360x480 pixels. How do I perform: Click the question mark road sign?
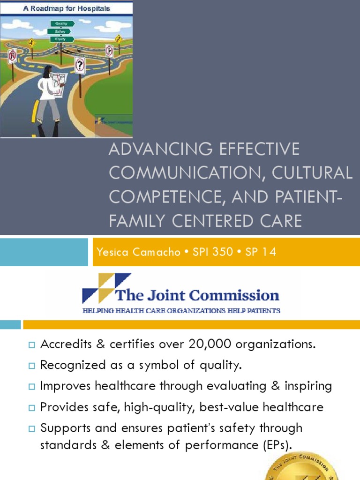80,65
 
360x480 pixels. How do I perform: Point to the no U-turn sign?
12,56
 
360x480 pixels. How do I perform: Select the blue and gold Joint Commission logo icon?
100,287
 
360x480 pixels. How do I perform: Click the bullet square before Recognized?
32,366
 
